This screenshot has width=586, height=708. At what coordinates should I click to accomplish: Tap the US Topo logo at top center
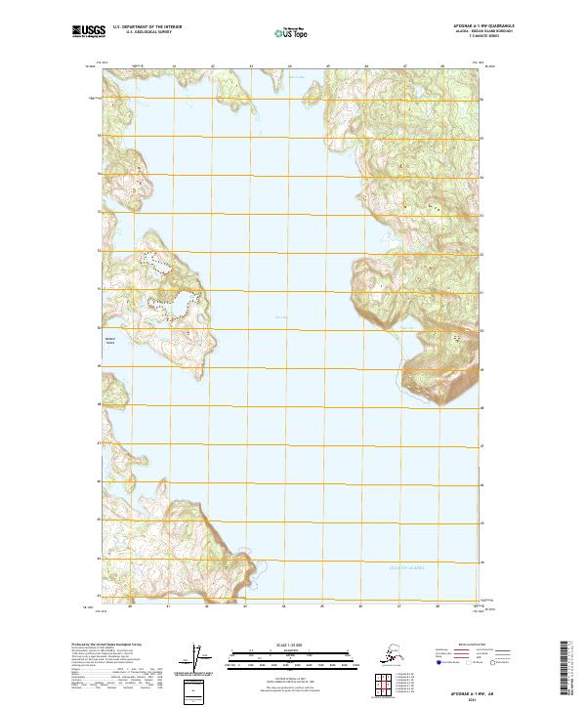coord(293,33)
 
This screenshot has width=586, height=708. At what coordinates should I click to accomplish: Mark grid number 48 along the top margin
coord(441,66)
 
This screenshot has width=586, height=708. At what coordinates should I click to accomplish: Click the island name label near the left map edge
coord(109,342)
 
